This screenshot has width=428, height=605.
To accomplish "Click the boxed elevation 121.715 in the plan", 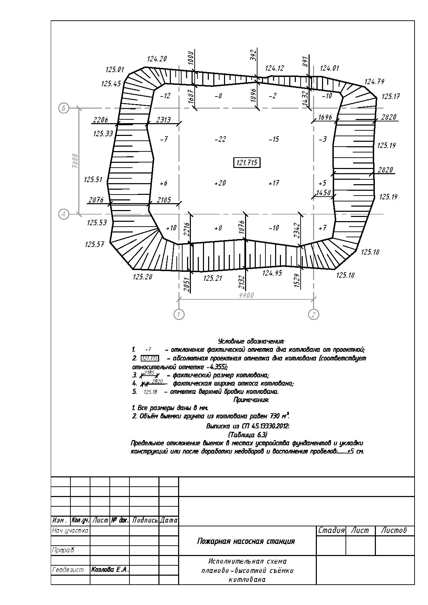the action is coord(247,162).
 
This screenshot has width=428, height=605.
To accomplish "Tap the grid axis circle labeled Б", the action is coord(64,108).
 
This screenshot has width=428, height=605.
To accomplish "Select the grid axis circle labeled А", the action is coord(64,214).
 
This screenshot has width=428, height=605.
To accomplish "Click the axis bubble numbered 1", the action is coord(179,314).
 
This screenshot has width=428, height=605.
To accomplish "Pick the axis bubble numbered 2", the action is coord(313,314).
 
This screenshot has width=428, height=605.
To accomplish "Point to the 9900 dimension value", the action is coord(246,295).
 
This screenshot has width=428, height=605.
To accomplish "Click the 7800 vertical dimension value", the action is coord(75,161).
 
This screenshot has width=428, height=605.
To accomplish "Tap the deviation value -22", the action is coord(220,139).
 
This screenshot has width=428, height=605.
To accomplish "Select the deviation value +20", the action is coord(220,183).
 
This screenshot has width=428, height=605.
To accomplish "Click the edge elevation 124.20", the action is coord(157,59).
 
